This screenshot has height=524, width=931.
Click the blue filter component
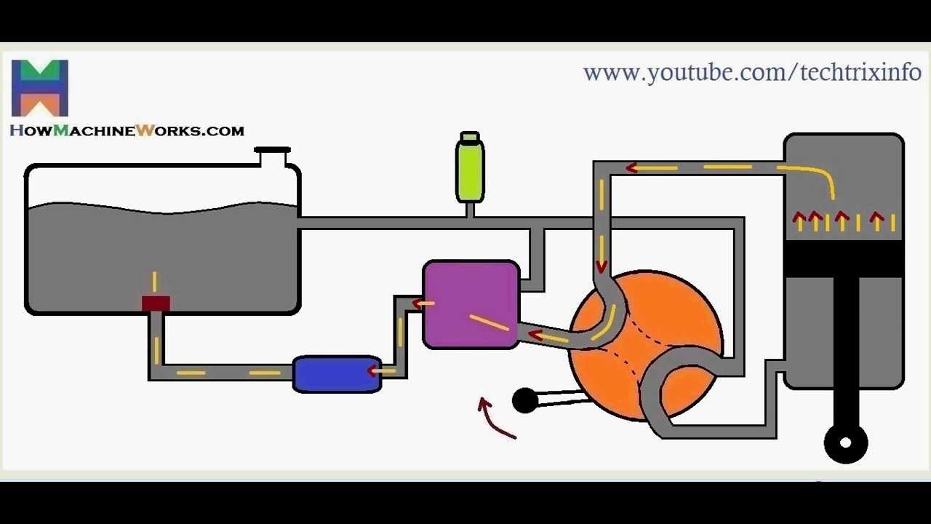[x=337, y=374]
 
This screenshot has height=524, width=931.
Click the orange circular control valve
[x=676, y=320]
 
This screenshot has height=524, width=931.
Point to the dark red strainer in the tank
[x=156, y=303]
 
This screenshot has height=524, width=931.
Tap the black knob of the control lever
[x=524, y=401]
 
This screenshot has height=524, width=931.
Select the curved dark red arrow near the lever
[x=495, y=420]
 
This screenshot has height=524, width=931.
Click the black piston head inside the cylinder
[x=844, y=259]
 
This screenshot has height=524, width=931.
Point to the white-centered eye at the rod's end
[x=846, y=442]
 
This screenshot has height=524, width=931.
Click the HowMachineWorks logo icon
[x=40, y=88]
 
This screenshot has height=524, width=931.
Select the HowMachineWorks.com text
[x=127, y=131]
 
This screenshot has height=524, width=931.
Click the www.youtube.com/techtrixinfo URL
[x=752, y=73]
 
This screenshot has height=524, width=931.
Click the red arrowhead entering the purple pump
[x=419, y=303]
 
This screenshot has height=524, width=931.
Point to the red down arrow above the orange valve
[x=602, y=266]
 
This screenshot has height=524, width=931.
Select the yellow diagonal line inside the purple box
[x=489, y=322]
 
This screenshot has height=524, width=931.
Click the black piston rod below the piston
[x=846, y=349]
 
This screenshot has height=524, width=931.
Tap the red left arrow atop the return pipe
[x=632, y=168]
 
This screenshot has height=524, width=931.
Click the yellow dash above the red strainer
[x=154, y=281]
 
